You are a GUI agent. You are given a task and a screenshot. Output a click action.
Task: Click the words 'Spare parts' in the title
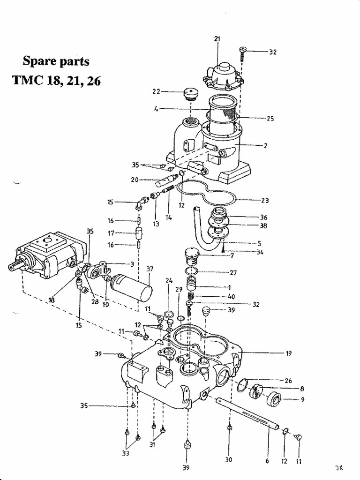tap(56, 61)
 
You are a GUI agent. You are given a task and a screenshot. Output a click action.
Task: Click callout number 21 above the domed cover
tap(217, 39)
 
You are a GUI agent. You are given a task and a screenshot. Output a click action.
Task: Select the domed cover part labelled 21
tap(223, 75)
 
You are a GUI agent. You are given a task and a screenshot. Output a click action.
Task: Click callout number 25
tap(270, 119)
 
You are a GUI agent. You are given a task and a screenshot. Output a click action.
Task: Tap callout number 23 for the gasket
tap(265, 200)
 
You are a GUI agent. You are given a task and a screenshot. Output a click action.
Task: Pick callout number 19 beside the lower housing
tap(289, 353)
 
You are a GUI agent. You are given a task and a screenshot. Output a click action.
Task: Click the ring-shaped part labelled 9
tap(274, 400)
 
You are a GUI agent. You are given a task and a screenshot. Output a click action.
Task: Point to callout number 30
tap(228, 460)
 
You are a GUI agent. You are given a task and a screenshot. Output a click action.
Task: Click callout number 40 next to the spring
tap(231, 296)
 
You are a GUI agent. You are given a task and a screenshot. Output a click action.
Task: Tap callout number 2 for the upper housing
tap(265, 146)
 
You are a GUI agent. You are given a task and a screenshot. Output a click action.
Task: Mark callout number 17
tap(111, 232)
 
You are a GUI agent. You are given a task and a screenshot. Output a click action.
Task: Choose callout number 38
tap(263, 225)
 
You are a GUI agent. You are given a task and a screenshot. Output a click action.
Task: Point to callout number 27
tap(233, 272)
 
